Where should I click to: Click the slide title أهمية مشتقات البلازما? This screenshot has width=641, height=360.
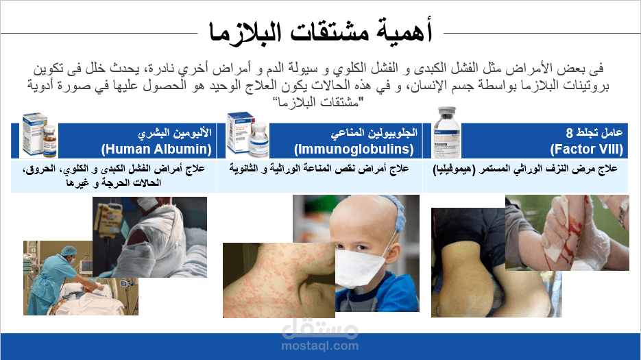point(321,32)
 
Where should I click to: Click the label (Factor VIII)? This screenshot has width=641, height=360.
point(587,149)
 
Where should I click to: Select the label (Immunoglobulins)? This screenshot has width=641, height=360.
point(354,149)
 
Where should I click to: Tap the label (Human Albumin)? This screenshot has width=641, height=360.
point(156,149)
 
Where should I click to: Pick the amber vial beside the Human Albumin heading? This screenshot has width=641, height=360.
point(50,141)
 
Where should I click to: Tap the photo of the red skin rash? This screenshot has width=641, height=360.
point(279,280)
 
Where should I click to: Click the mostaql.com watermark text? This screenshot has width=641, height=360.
point(320,346)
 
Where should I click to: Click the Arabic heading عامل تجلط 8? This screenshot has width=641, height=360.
point(594,132)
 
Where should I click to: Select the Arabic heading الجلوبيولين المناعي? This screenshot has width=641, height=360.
point(374,132)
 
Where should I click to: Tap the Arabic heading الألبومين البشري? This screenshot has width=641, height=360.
point(175,132)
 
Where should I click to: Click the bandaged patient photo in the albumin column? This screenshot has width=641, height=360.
point(149,237)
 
